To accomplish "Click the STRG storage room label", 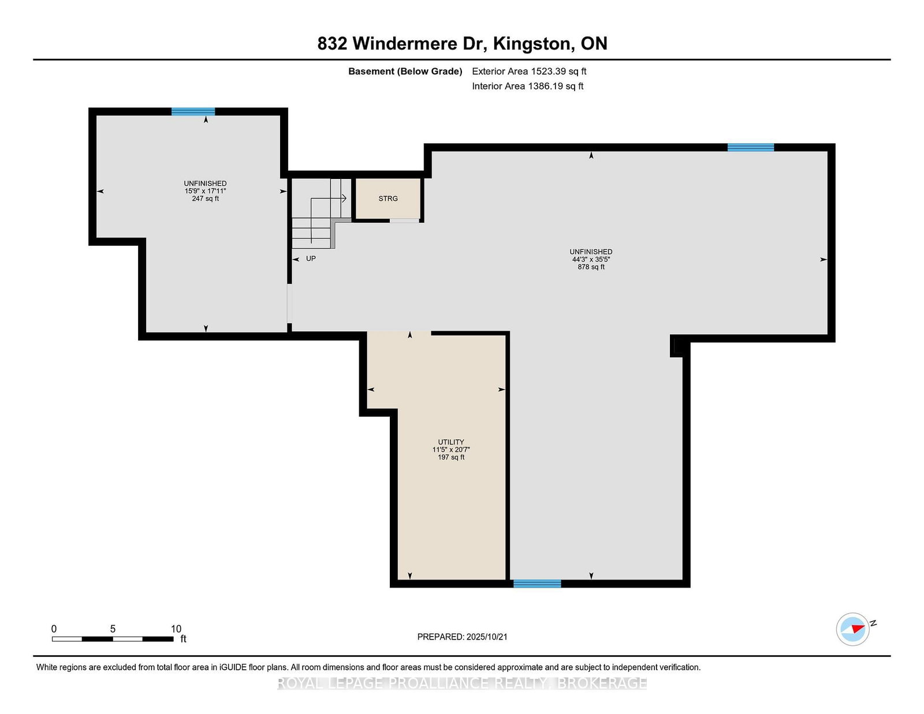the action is pos(388,199).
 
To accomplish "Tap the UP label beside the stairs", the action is pos(311,259).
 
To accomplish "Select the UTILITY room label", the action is pos(450,442).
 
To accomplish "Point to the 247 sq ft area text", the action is pos(206,199).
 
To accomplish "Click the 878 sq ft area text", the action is pos(591,267).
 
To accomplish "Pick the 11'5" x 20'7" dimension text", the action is pos(450,450).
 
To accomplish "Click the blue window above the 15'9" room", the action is pos(193,111).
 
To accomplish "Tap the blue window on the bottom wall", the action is pos(537,584).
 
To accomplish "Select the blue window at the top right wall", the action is pos(751,147).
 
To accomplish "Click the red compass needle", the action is pos(858,629).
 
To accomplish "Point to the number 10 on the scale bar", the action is pos(176,629).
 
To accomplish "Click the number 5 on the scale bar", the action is pos(113,629).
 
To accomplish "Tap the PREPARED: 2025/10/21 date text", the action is pos(462,637).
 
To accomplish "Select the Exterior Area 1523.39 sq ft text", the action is pos(529,72).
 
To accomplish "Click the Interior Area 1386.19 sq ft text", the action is pos(528,86).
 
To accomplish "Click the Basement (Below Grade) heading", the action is pos(405,72).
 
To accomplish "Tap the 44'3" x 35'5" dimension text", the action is pos(591,259).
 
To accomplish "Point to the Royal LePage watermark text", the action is pos(462,683).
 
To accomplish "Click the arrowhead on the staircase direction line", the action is pos(344,198).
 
